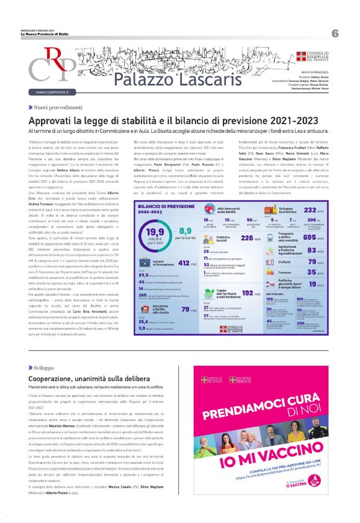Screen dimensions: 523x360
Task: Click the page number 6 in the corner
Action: pos(335,33)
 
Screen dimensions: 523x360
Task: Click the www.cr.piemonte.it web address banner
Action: pos(55,92)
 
